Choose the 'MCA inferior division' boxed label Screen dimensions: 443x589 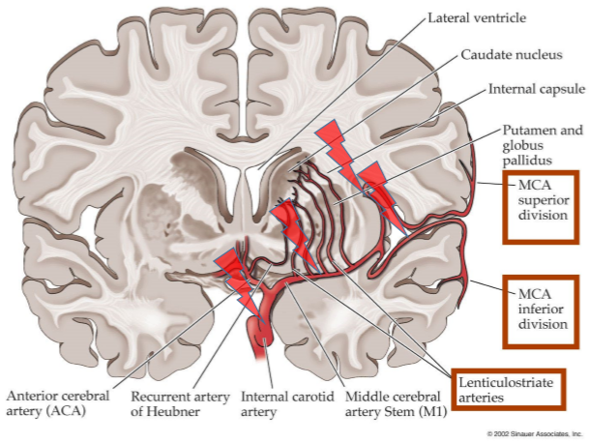[x=543, y=309]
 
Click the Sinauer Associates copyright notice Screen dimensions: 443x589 [x=535, y=434]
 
